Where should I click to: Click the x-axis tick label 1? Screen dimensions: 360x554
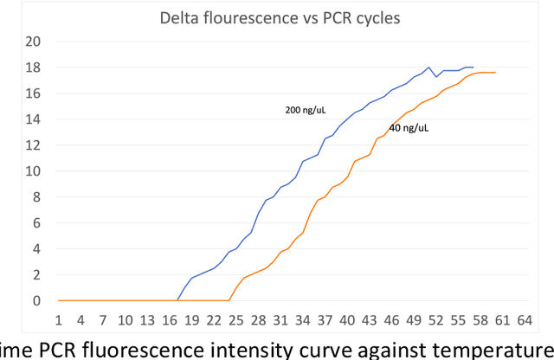(59, 319)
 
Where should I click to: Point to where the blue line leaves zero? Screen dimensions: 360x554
(178, 300)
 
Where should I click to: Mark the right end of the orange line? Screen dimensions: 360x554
(495, 73)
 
